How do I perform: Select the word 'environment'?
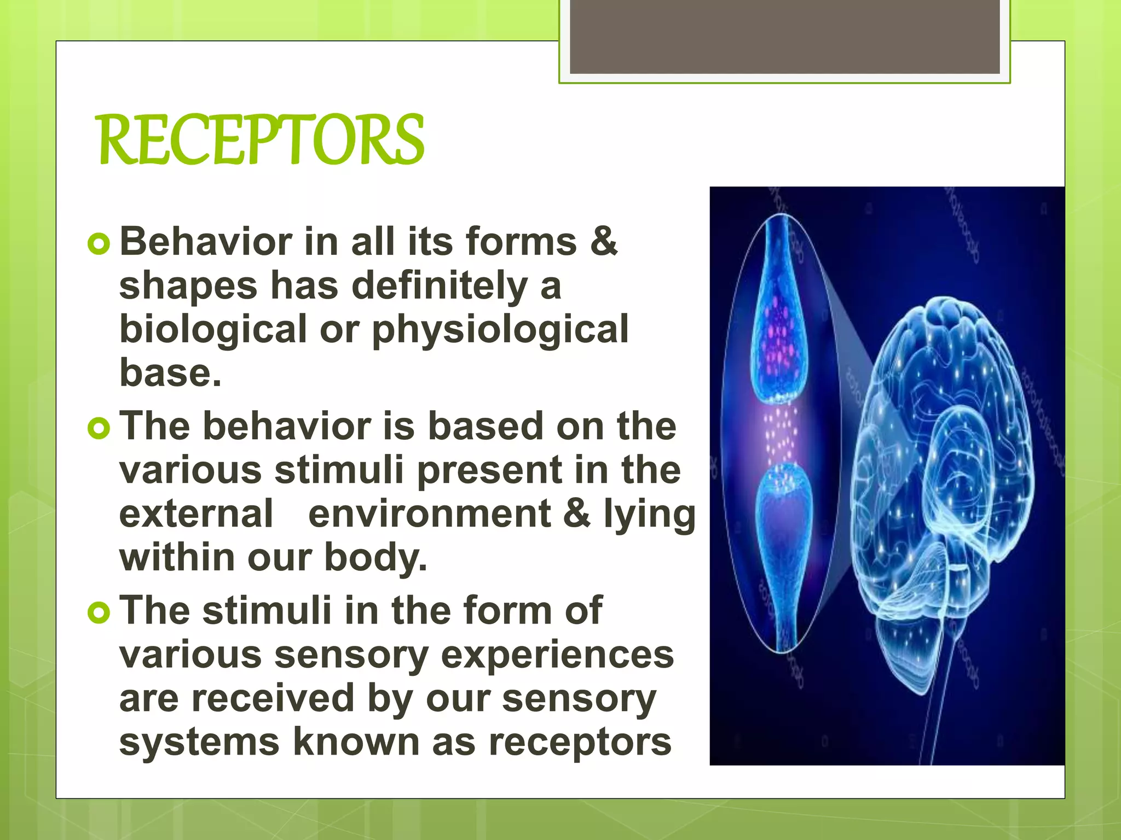point(430,514)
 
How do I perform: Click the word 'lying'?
point(649,514)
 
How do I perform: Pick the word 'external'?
point(196,514)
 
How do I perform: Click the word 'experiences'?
point(557,655)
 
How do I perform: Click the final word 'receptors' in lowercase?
point(580,742)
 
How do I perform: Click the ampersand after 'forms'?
point(604,241)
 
